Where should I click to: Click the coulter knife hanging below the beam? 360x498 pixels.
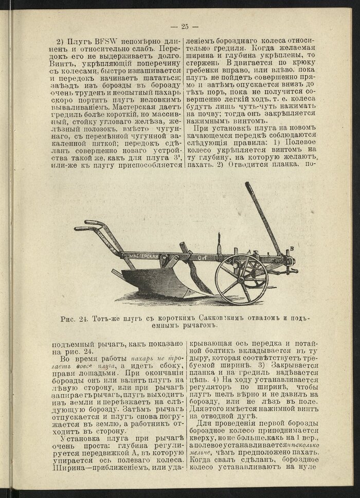tap(194, 275)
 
